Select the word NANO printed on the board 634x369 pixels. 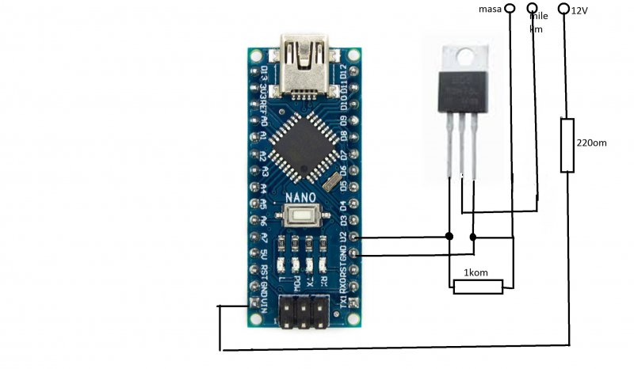301,196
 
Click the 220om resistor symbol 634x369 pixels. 567,145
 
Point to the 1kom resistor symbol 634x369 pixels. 478,287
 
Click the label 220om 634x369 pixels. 592,143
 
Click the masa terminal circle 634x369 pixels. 510,9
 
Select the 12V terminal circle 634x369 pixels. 564,9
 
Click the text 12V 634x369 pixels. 580,10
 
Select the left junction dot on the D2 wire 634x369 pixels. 449,236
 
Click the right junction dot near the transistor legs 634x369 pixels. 473,237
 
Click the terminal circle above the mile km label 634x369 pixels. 533,9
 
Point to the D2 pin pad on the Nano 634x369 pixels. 354,237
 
